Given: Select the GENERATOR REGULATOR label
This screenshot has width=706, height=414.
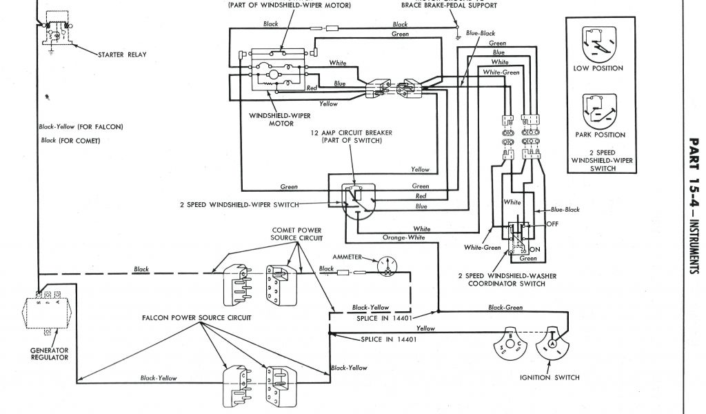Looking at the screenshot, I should click(x=49, y=353).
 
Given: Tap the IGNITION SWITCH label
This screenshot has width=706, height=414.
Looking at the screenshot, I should click(x=549, y=377).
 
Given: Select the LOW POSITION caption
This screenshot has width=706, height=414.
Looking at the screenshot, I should click(x=598, y=68).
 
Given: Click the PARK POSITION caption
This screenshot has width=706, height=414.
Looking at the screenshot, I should click(x=600, y=135).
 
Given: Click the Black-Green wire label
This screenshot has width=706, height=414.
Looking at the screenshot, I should click(x=505, y=308).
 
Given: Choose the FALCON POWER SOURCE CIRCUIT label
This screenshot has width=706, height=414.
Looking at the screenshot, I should click(x=196, y=318).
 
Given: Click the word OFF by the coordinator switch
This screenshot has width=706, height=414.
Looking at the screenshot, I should click(x=552, y=224).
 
